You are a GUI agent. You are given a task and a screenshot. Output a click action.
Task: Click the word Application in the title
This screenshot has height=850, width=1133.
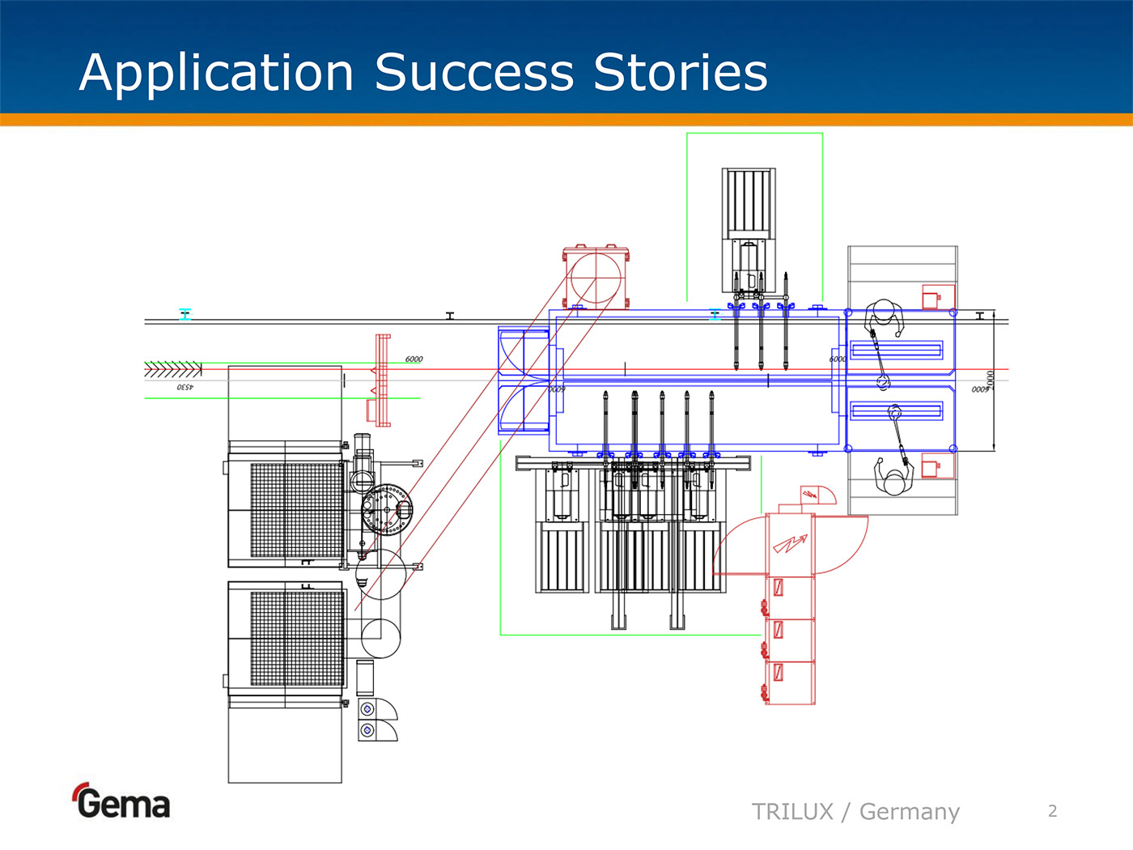(217, 73)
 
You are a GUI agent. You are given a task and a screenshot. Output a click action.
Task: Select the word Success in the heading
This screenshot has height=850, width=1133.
(474, 73)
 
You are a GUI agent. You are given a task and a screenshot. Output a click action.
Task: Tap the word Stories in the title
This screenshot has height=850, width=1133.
(680, 73)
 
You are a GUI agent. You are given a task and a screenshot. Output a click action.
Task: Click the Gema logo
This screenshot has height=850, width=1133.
(122, 801)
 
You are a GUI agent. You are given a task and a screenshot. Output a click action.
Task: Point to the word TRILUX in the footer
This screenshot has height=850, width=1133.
(792, 811)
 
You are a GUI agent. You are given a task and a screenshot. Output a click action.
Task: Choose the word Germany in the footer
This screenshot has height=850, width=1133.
(910, 811)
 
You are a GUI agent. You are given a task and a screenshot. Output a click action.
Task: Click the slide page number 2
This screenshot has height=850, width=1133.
(1052, 811)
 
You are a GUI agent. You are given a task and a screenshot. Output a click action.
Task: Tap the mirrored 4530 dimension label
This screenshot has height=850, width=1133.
(185, 388)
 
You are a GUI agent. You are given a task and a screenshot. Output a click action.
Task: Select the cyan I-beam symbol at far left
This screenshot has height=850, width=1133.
(185, 314)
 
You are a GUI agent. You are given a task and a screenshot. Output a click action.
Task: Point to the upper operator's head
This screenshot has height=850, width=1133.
(884, 312)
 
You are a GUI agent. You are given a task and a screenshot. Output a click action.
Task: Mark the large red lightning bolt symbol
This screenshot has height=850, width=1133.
(790, 544)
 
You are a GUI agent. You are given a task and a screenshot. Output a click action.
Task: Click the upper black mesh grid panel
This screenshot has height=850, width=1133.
(297, 510)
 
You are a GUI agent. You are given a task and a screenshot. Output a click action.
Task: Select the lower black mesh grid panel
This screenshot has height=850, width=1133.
(297, 638)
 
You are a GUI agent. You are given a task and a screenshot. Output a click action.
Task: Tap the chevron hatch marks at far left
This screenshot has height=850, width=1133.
(172, 370)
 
